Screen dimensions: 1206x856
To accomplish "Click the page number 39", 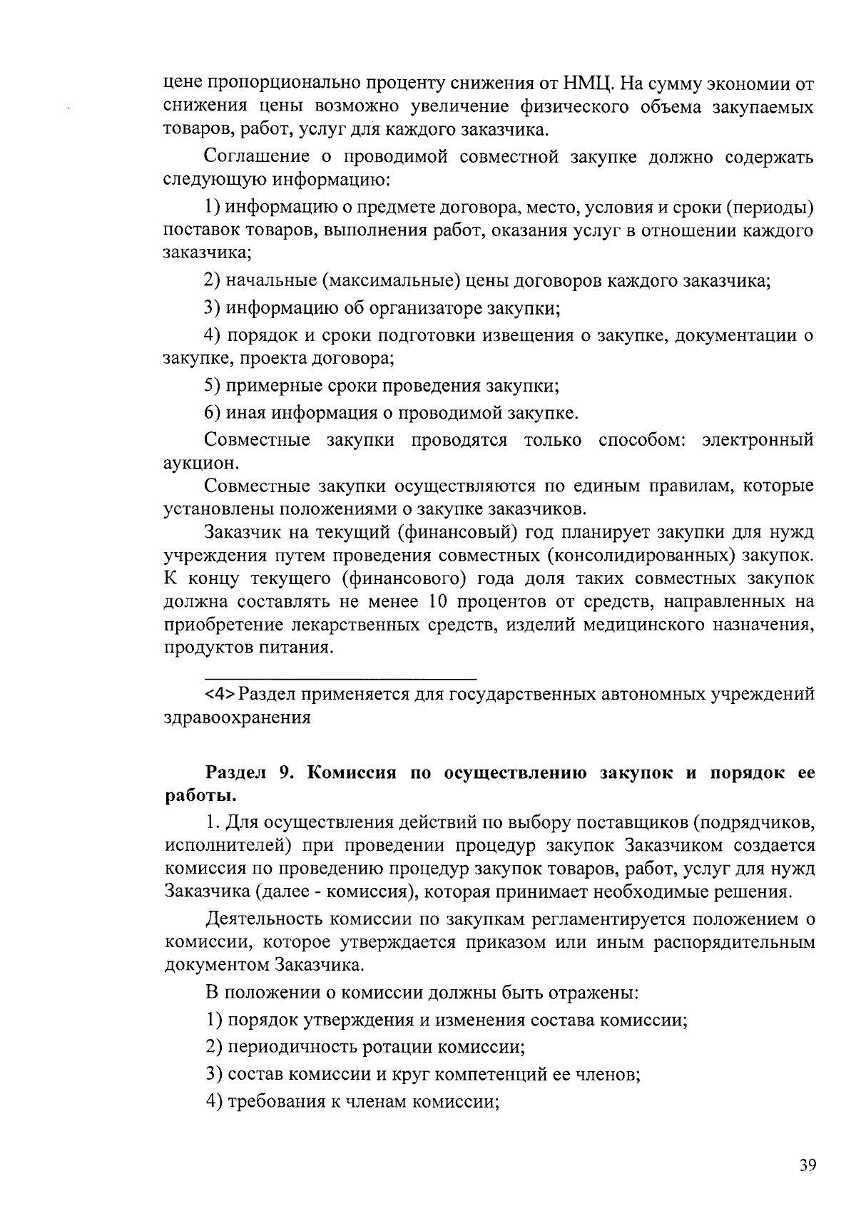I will pos(807,1167).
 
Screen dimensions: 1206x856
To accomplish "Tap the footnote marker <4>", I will pos(220,694).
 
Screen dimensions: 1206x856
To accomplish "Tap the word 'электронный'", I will pos(758,439).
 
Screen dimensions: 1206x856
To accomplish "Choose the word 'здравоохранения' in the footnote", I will pos(237,717).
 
